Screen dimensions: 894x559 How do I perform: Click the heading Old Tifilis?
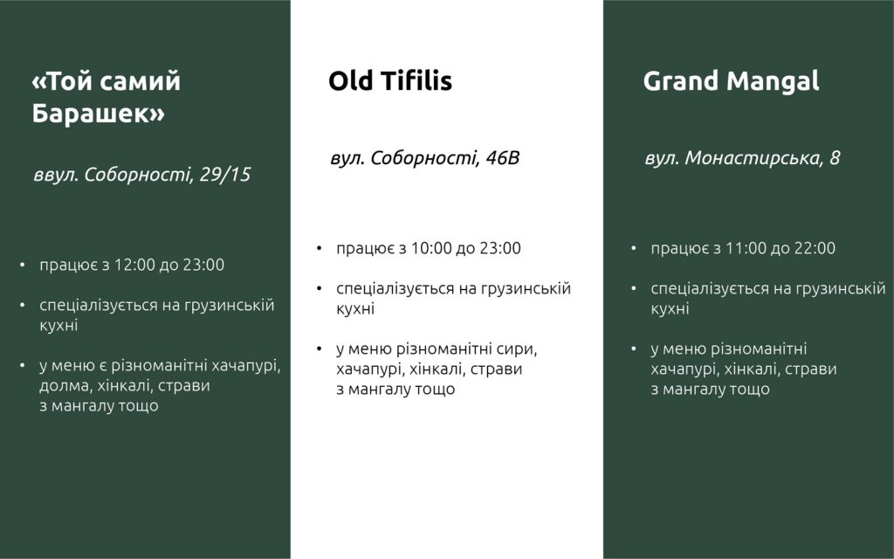(390, 80)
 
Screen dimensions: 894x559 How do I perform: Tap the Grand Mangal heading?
(731, 81)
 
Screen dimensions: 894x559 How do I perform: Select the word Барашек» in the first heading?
(98, 113)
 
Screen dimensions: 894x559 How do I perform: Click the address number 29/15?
(225, 175)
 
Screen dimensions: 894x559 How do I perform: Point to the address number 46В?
(502, 158)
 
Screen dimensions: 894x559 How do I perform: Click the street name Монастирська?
(753, 158)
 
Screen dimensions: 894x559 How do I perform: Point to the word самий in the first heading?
(146, 81)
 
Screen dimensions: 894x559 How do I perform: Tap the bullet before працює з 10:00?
(320, 249)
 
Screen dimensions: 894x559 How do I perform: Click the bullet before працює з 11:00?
(634, 249)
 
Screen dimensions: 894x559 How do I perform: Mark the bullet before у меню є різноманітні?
(22, 366)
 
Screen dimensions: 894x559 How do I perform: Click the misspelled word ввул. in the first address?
(56, 175)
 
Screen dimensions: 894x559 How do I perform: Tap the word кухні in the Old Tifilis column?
(355, 308)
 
